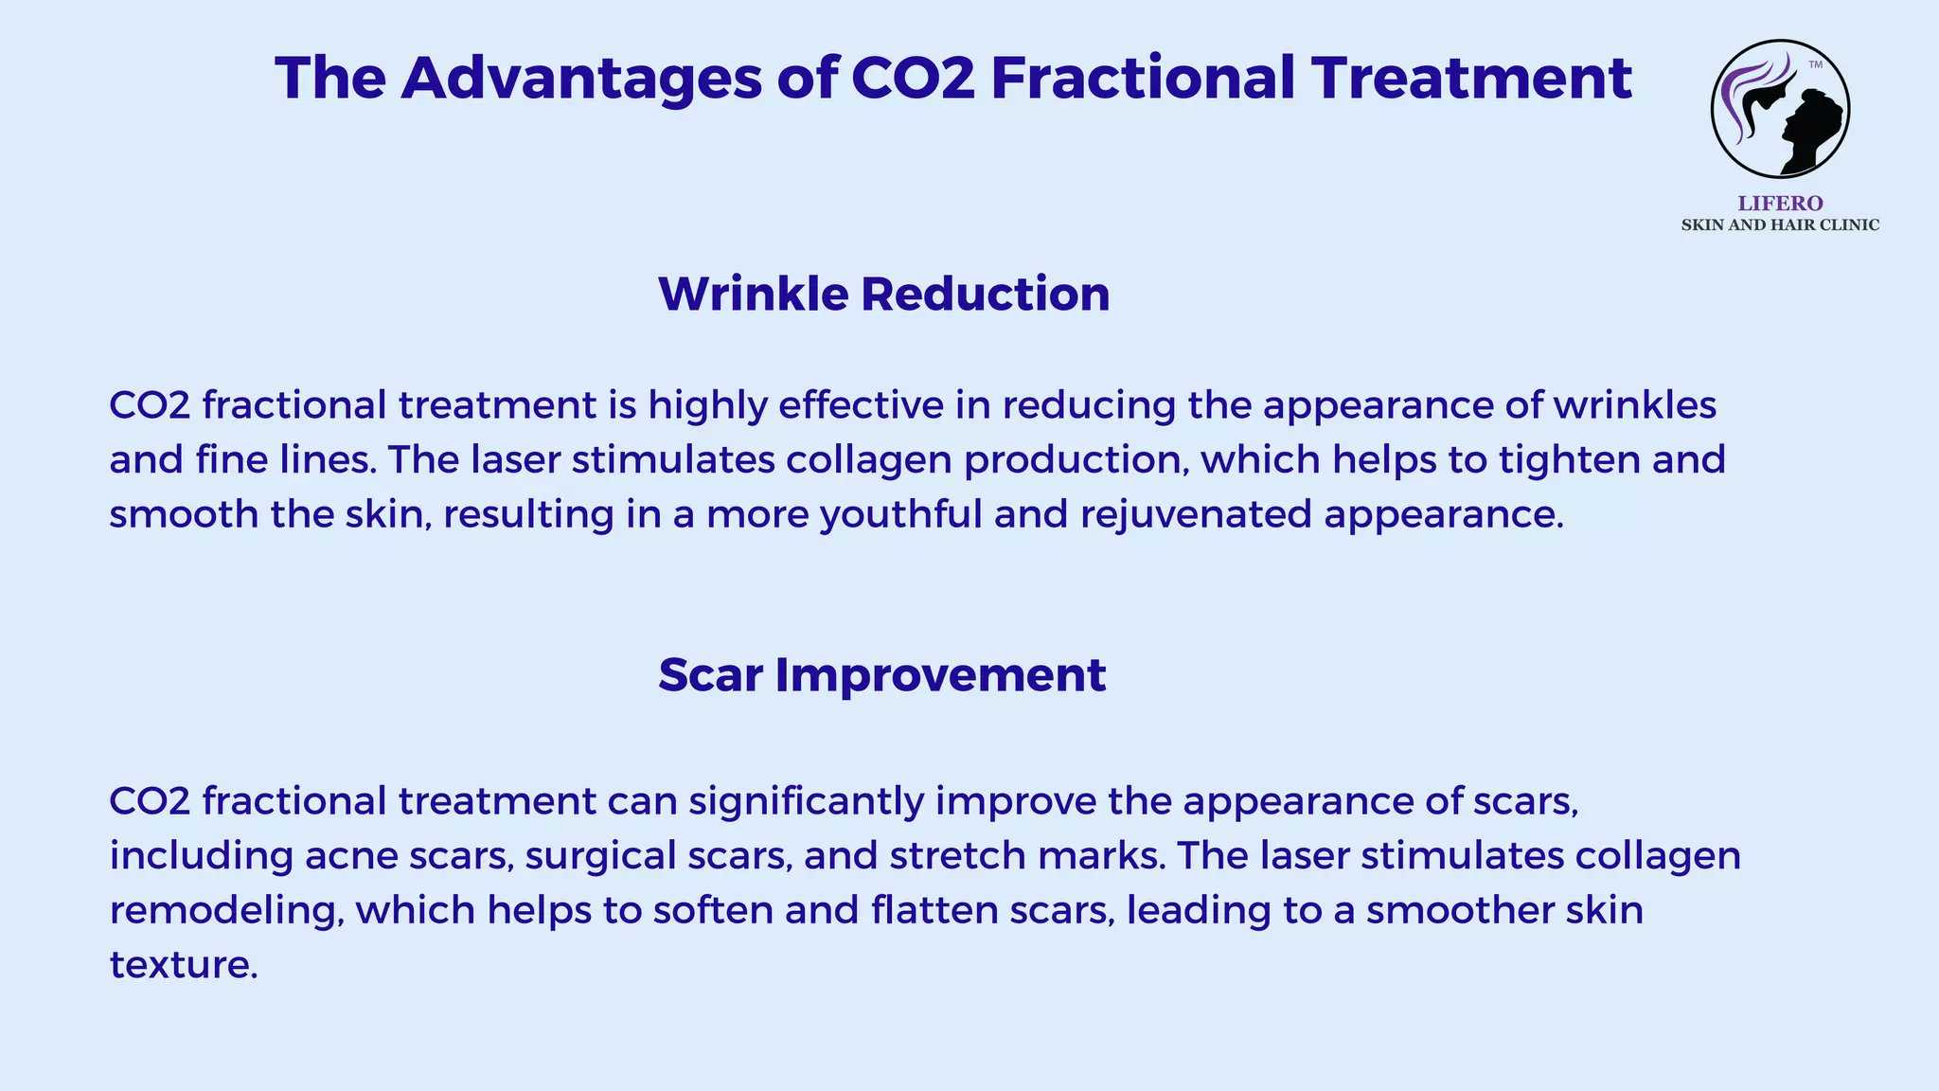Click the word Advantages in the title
(x=580, y=78)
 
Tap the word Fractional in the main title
(x=1143, y=78)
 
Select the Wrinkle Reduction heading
(x=883, y=294)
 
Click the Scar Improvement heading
(x=881, y=675)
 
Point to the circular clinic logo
(x=1780, y=109)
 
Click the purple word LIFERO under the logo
(x=1780, y=204)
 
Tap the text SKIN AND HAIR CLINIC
(x=1780, y=225)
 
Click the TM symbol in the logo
(x=1815, y=65)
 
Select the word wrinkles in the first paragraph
(x=1635, y=405)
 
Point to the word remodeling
(x=225, y=911)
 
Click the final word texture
(x=183, y=966)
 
